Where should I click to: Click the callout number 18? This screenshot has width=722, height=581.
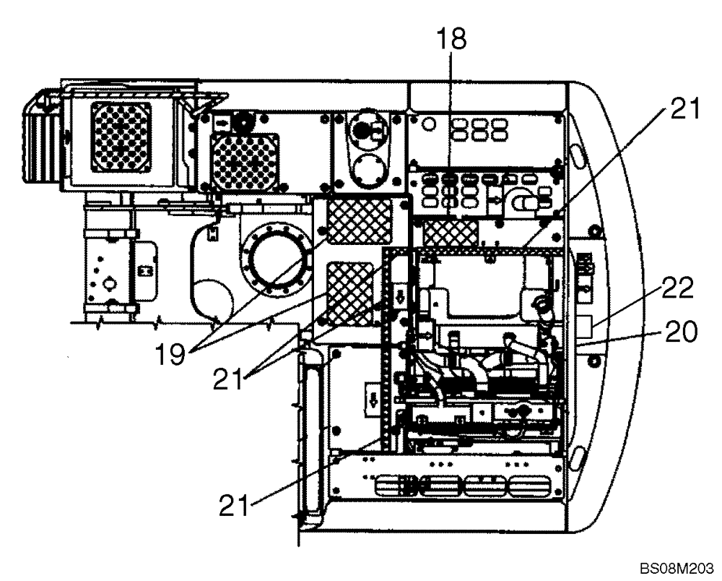451,40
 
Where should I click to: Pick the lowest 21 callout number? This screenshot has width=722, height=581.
233,504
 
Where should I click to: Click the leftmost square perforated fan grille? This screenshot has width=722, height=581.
121,137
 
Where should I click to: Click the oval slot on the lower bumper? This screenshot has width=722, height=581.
580,457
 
